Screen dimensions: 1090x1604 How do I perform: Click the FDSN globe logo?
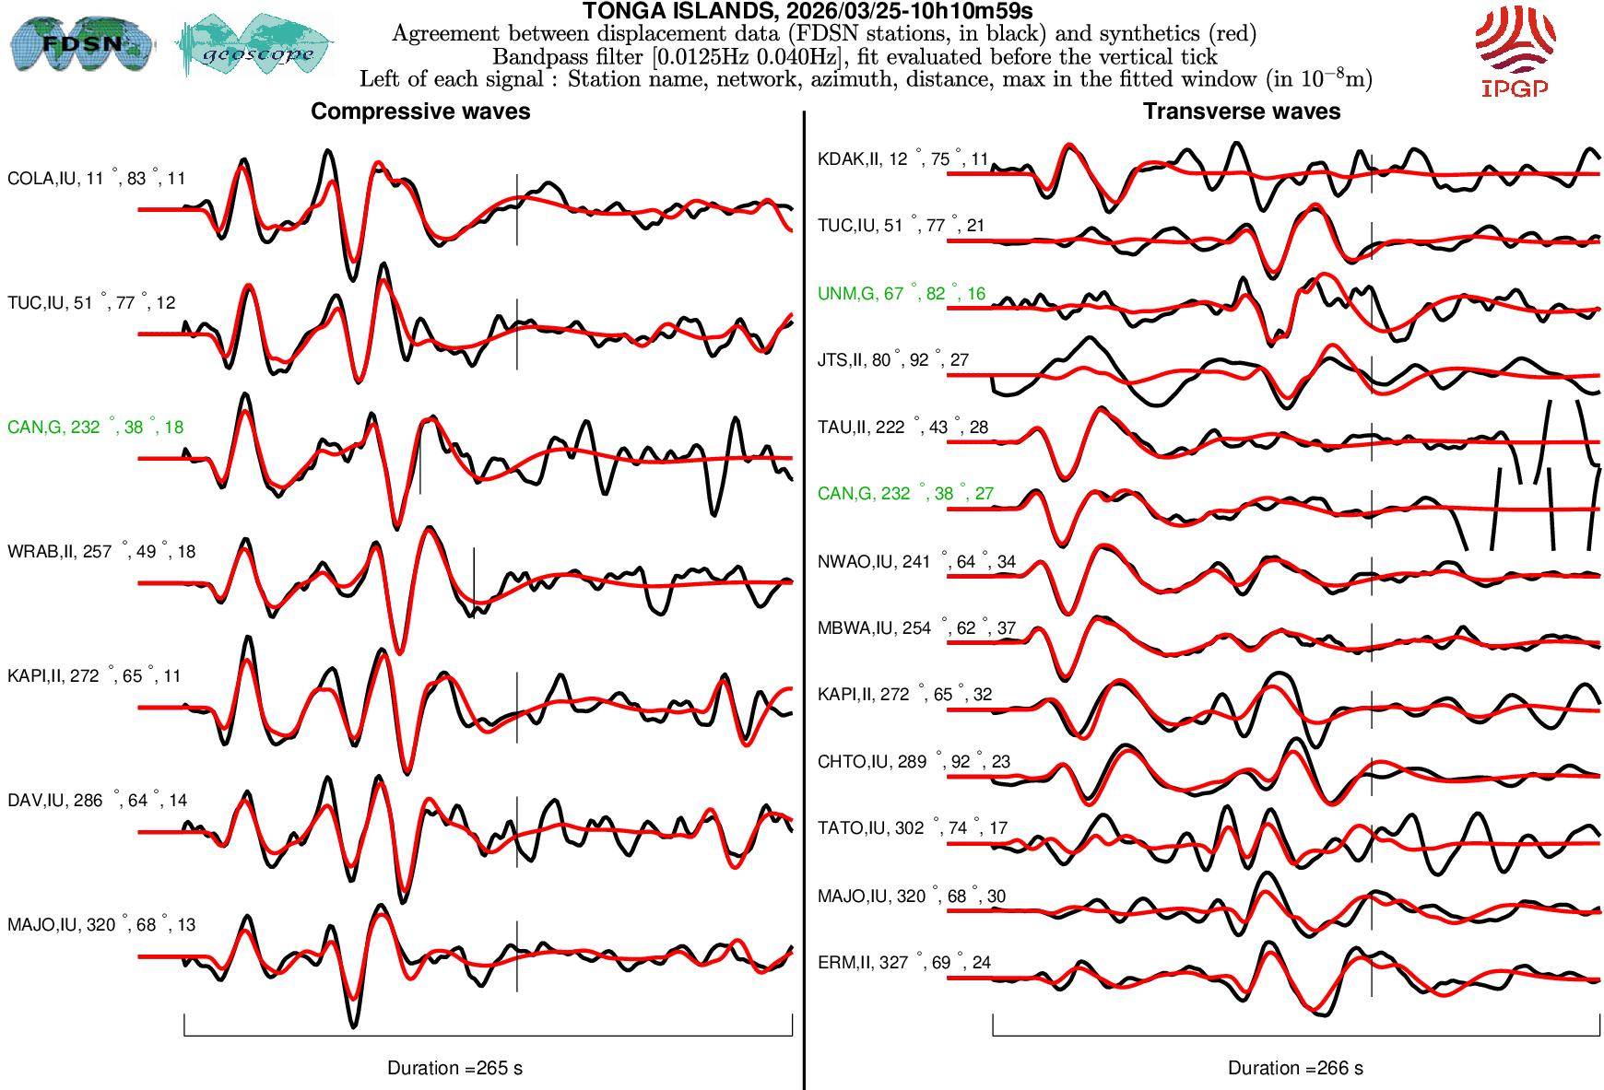[x=81, y=43]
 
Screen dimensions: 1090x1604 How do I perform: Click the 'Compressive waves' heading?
[x=420, y=111]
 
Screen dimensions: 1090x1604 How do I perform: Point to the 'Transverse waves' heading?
[x=1241, y=111]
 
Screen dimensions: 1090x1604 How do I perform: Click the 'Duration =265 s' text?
[x=454, y=1068]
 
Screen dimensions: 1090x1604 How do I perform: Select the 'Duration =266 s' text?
[x=1295, y=1068]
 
